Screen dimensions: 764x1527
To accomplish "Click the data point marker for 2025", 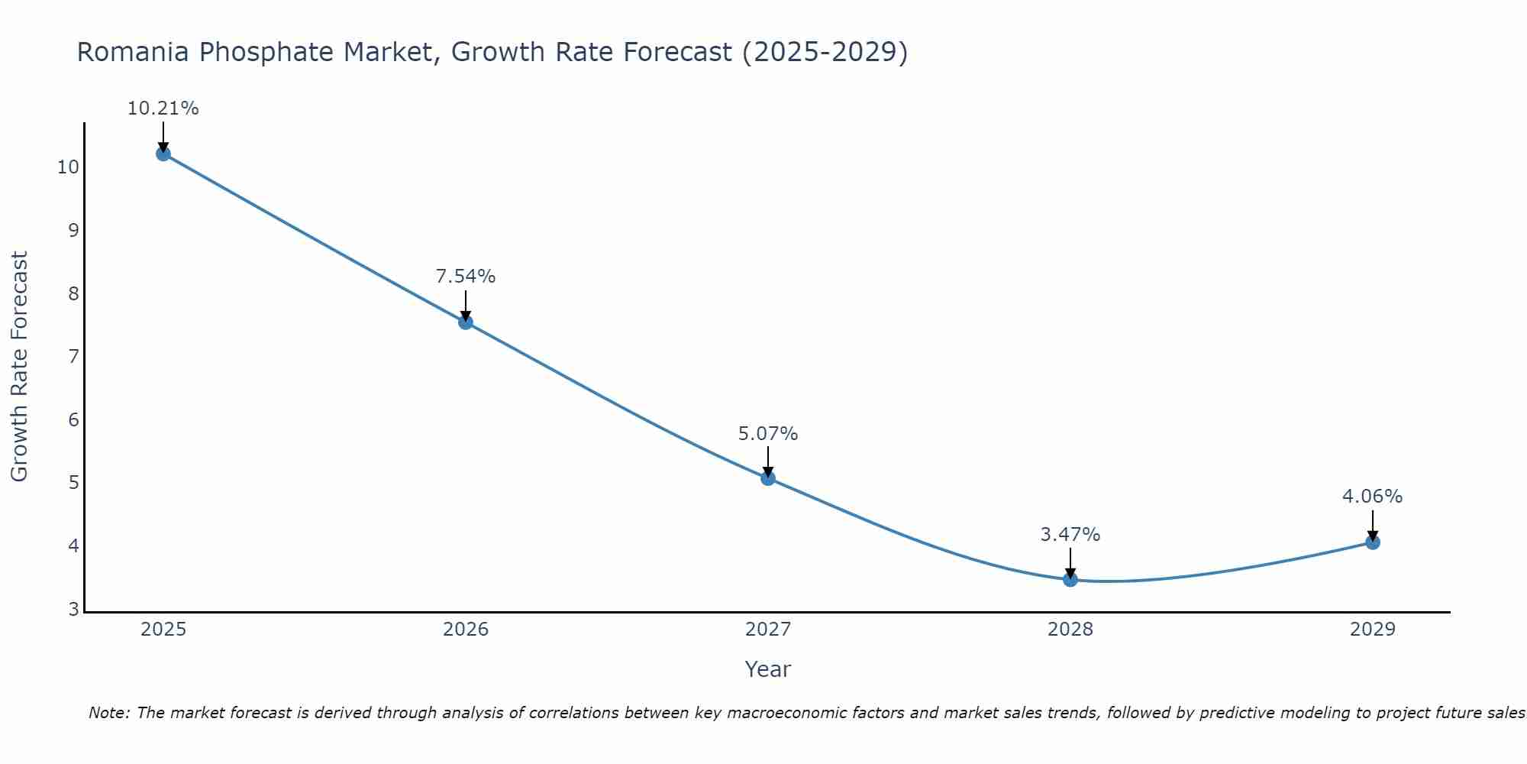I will [x=163, y=154].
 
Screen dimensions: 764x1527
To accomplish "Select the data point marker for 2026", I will [x=466, y=322].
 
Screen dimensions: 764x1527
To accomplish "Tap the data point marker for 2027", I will [x=768, y=478].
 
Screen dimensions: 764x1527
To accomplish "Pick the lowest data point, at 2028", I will [x=1070, y=579].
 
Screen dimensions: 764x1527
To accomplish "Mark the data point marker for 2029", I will [x=1373, y=542].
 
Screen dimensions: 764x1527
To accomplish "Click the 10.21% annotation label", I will [x=163, y=108].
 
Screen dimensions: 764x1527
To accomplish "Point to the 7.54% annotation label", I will [x=466, y=277].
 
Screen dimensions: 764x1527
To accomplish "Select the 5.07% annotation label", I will [x=768, y=434].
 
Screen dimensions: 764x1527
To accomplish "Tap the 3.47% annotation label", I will [x=1070, y=535].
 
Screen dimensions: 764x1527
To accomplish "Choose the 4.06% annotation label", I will [x=1373, y=497].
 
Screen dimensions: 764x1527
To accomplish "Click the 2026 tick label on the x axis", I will [x=466, y=630].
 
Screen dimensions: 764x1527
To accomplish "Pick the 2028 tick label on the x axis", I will [x=1070, y=630].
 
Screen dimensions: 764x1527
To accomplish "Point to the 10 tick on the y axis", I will [x=68, y=167].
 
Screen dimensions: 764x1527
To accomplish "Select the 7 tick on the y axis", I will [x=73, y=357].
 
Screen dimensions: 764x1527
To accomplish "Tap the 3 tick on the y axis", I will [x=73, y=609].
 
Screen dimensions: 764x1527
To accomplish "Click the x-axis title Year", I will [x=768, y=669].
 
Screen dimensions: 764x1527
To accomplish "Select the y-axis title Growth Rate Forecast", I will [x=20, y=367].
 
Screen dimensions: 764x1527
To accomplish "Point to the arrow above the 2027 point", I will [x=768, y=461].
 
